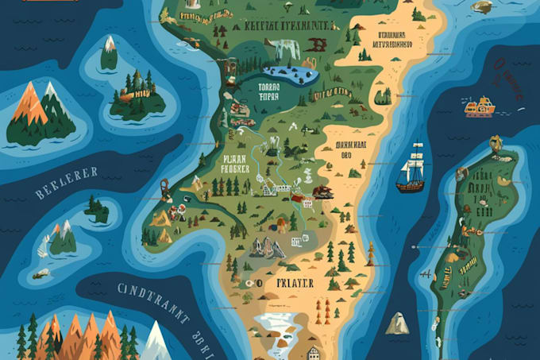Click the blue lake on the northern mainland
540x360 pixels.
point(287,77)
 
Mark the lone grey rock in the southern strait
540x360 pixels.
point(398,323)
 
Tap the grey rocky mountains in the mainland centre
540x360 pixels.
point(268,246)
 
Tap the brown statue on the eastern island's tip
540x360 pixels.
point(496,143)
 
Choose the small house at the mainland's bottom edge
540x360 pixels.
point(314,352)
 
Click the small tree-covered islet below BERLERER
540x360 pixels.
point(98,210)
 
